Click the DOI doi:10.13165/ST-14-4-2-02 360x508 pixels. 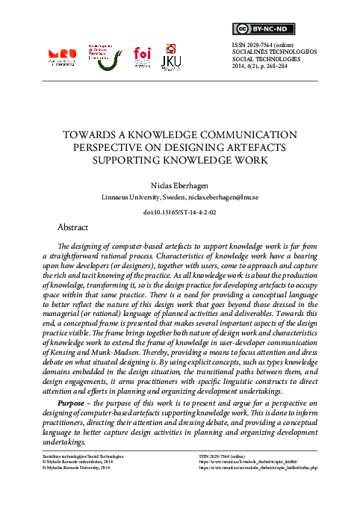[179, 212]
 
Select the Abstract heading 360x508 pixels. [73, 226]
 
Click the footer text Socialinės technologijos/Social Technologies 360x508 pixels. [77, 454]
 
